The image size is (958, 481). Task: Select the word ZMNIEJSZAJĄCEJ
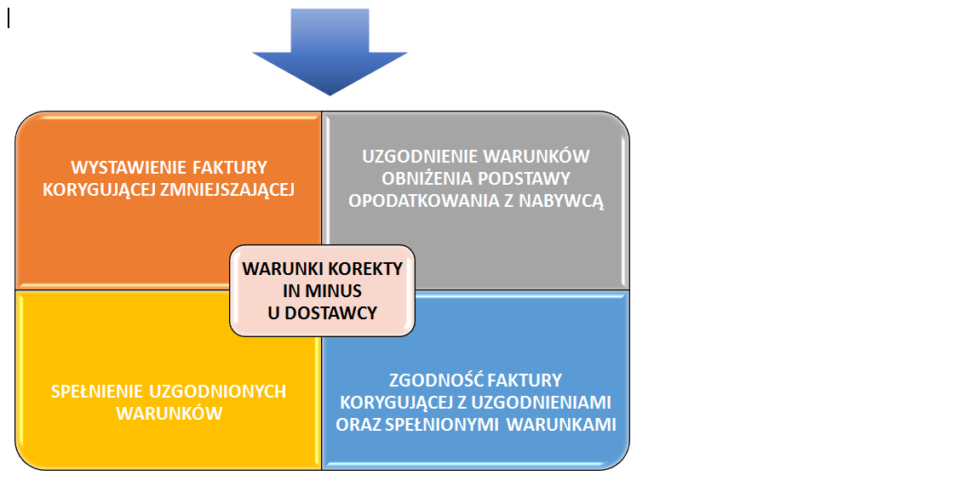pos(227,190)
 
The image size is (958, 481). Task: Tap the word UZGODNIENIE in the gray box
pos(418,157)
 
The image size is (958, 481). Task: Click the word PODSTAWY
pos(525,179)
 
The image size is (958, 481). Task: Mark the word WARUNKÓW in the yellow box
pos(169,414)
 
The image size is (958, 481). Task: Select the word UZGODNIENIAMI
pos(542,402)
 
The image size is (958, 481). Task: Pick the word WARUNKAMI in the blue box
pos(561,425)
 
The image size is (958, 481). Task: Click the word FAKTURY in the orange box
pos(230,168)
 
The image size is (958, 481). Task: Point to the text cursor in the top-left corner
pos(9,20)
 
